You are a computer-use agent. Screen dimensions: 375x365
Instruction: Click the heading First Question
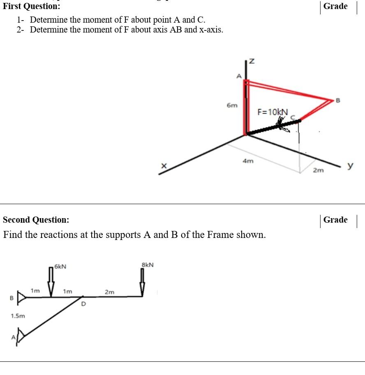31,6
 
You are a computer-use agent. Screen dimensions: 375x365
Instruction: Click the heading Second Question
36,220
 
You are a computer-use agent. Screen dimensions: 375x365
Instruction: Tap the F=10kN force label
273,112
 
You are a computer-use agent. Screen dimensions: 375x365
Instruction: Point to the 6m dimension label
232,105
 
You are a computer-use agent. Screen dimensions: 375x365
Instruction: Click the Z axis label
252,61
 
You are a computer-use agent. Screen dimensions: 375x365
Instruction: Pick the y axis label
350,165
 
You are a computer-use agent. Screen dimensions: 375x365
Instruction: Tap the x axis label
164,165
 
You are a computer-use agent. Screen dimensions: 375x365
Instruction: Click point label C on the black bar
293,117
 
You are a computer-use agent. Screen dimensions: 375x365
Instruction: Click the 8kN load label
148,264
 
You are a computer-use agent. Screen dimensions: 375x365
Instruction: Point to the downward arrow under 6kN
51,282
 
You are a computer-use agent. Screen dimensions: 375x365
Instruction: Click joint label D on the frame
83,304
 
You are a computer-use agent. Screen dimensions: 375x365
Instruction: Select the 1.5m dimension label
17,316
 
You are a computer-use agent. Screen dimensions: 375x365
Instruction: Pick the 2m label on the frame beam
110,292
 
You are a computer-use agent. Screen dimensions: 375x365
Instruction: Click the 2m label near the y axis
318,170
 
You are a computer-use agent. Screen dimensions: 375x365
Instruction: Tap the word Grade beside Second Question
335,220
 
